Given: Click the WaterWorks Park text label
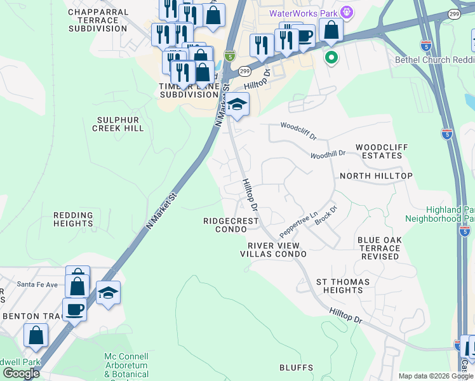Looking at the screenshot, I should [303, 13].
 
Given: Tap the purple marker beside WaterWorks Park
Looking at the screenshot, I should [346, 12].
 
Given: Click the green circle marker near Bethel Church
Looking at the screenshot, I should [330, 58].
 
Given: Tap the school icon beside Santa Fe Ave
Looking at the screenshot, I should [109, 293].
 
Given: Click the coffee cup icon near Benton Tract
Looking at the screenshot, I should [74, 309].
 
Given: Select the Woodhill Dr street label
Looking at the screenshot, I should [328, 154].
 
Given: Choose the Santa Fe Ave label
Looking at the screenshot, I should [37, 284].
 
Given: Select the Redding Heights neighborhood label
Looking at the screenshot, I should [73, 220].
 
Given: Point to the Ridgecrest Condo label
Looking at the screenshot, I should [231, 225].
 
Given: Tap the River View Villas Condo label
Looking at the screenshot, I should [273, 250].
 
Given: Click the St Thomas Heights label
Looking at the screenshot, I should [339, 286].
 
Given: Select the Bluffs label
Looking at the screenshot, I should [297, 368].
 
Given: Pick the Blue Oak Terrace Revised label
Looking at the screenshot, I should [379, 248].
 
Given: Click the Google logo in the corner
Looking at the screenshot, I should [21, 373].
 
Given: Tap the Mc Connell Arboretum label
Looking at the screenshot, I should [126, 361].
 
